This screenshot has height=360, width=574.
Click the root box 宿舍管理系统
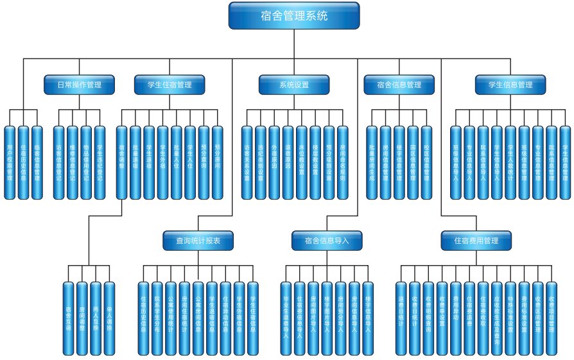point(293,16)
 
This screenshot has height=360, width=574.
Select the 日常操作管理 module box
point(80,85)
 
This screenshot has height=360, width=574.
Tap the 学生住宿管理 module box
point(170,85)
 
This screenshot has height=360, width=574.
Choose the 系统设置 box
point(294,85)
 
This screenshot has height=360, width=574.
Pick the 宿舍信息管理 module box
point(399,85)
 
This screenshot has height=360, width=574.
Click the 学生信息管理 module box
point(511,85)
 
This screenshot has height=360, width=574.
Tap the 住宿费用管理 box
point(476,241)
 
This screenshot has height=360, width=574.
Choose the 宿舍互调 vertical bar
point(69,318)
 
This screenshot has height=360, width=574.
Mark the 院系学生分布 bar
point(157,318)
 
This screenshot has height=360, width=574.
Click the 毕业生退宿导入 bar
point(286,318)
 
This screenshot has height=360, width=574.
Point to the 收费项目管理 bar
point(551,318)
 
